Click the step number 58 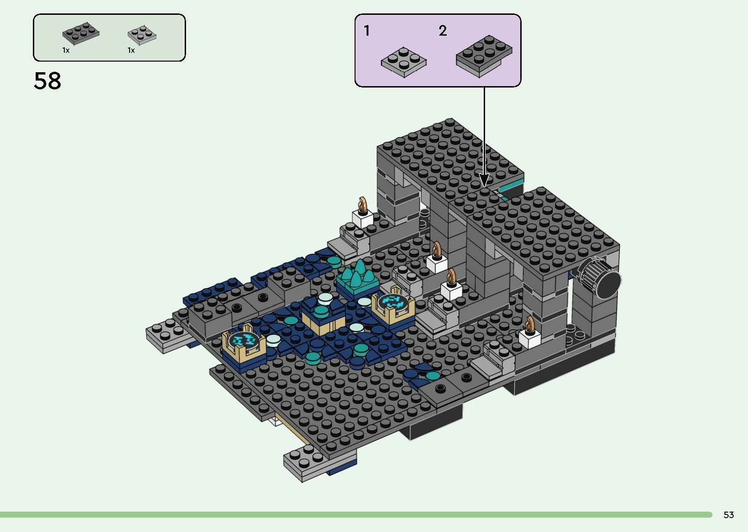[x=47, y=81]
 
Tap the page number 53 [x=729, y=515]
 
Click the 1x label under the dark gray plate [x=66, y=50]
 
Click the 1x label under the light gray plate [x=131, y=50]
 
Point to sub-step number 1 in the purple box [x=367, y=31]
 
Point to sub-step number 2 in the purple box [x=443, y=31]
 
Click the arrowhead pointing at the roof [x=484, y=180]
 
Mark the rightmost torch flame [x=530, y=324]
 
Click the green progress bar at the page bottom [x=356, y=514]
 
